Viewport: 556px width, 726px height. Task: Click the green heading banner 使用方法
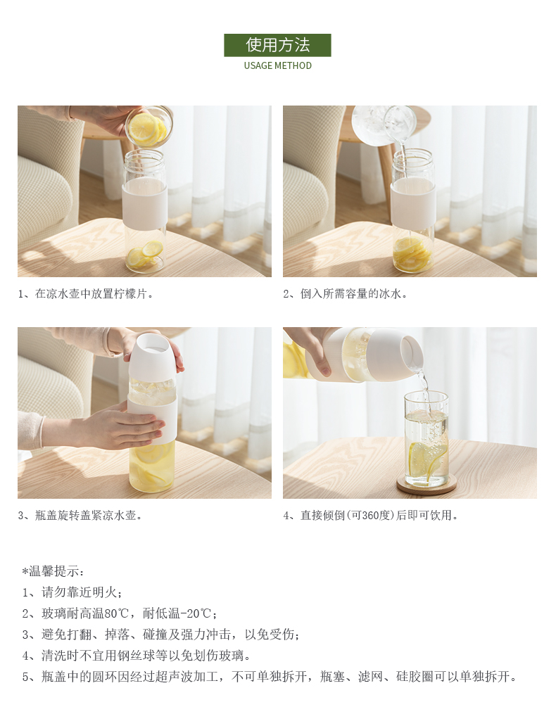(277, 45)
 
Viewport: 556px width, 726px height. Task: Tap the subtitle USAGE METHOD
(277, 65)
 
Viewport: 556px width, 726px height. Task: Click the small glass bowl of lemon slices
(149, 126)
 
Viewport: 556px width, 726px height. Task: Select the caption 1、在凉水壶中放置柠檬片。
(86, 294)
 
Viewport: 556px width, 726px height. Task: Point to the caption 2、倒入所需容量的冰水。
(346, 294)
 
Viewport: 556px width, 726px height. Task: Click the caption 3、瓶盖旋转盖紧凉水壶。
(80, 516)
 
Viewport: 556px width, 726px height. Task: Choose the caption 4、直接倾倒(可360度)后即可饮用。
(371, 516)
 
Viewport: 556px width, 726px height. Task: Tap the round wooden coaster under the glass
(427, 485)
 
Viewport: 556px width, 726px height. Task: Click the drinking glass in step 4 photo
(427, 440)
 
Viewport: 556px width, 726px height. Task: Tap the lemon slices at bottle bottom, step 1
(143, 255)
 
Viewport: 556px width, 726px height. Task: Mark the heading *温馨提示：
(53, 571)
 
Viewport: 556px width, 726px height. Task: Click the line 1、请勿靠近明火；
(72, 592)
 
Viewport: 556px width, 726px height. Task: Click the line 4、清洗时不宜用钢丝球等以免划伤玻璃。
(138, 656)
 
